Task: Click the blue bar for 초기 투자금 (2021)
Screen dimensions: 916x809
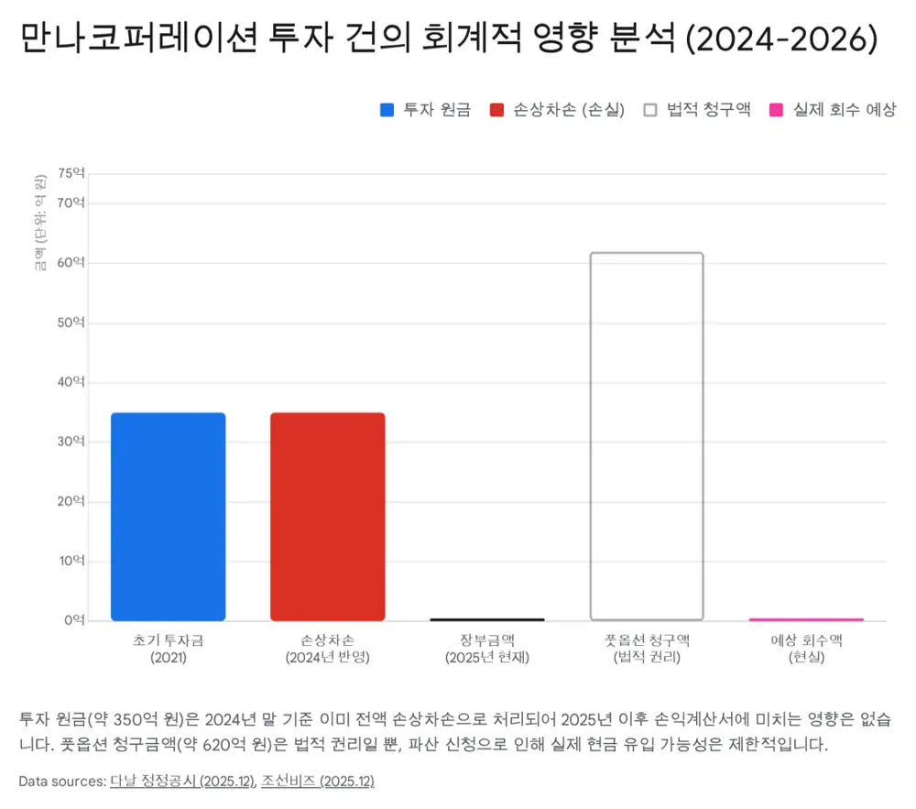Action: click(169, 517)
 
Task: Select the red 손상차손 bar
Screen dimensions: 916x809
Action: click(328, 517)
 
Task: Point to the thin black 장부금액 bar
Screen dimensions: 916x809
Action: click(487, 619)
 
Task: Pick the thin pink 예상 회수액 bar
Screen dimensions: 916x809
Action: click(806, 619)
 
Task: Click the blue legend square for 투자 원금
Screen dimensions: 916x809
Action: click(387, 110)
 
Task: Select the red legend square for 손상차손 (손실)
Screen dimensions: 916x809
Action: click(496, 110)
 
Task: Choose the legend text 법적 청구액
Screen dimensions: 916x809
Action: click(708, 110)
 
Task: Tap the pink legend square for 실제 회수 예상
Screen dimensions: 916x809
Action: click(776, 110)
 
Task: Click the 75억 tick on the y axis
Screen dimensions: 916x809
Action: click(71, 173)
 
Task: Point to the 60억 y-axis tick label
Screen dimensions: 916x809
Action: click(71, 262)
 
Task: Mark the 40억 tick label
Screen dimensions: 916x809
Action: click(71, 382)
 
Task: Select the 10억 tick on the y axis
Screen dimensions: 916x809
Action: click(71, 561)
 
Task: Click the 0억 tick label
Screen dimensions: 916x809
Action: click(75, 620)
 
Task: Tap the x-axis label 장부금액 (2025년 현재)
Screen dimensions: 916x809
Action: click(487, 649)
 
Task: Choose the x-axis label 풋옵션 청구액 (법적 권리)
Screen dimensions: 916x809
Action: click(647, 649)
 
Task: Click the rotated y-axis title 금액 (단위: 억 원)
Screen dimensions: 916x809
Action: click(39, 223)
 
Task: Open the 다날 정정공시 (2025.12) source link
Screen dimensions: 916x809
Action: click(183, 781)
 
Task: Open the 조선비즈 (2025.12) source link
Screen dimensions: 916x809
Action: click(318, 781)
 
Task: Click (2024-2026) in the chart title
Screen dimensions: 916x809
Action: click(781, 38)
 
